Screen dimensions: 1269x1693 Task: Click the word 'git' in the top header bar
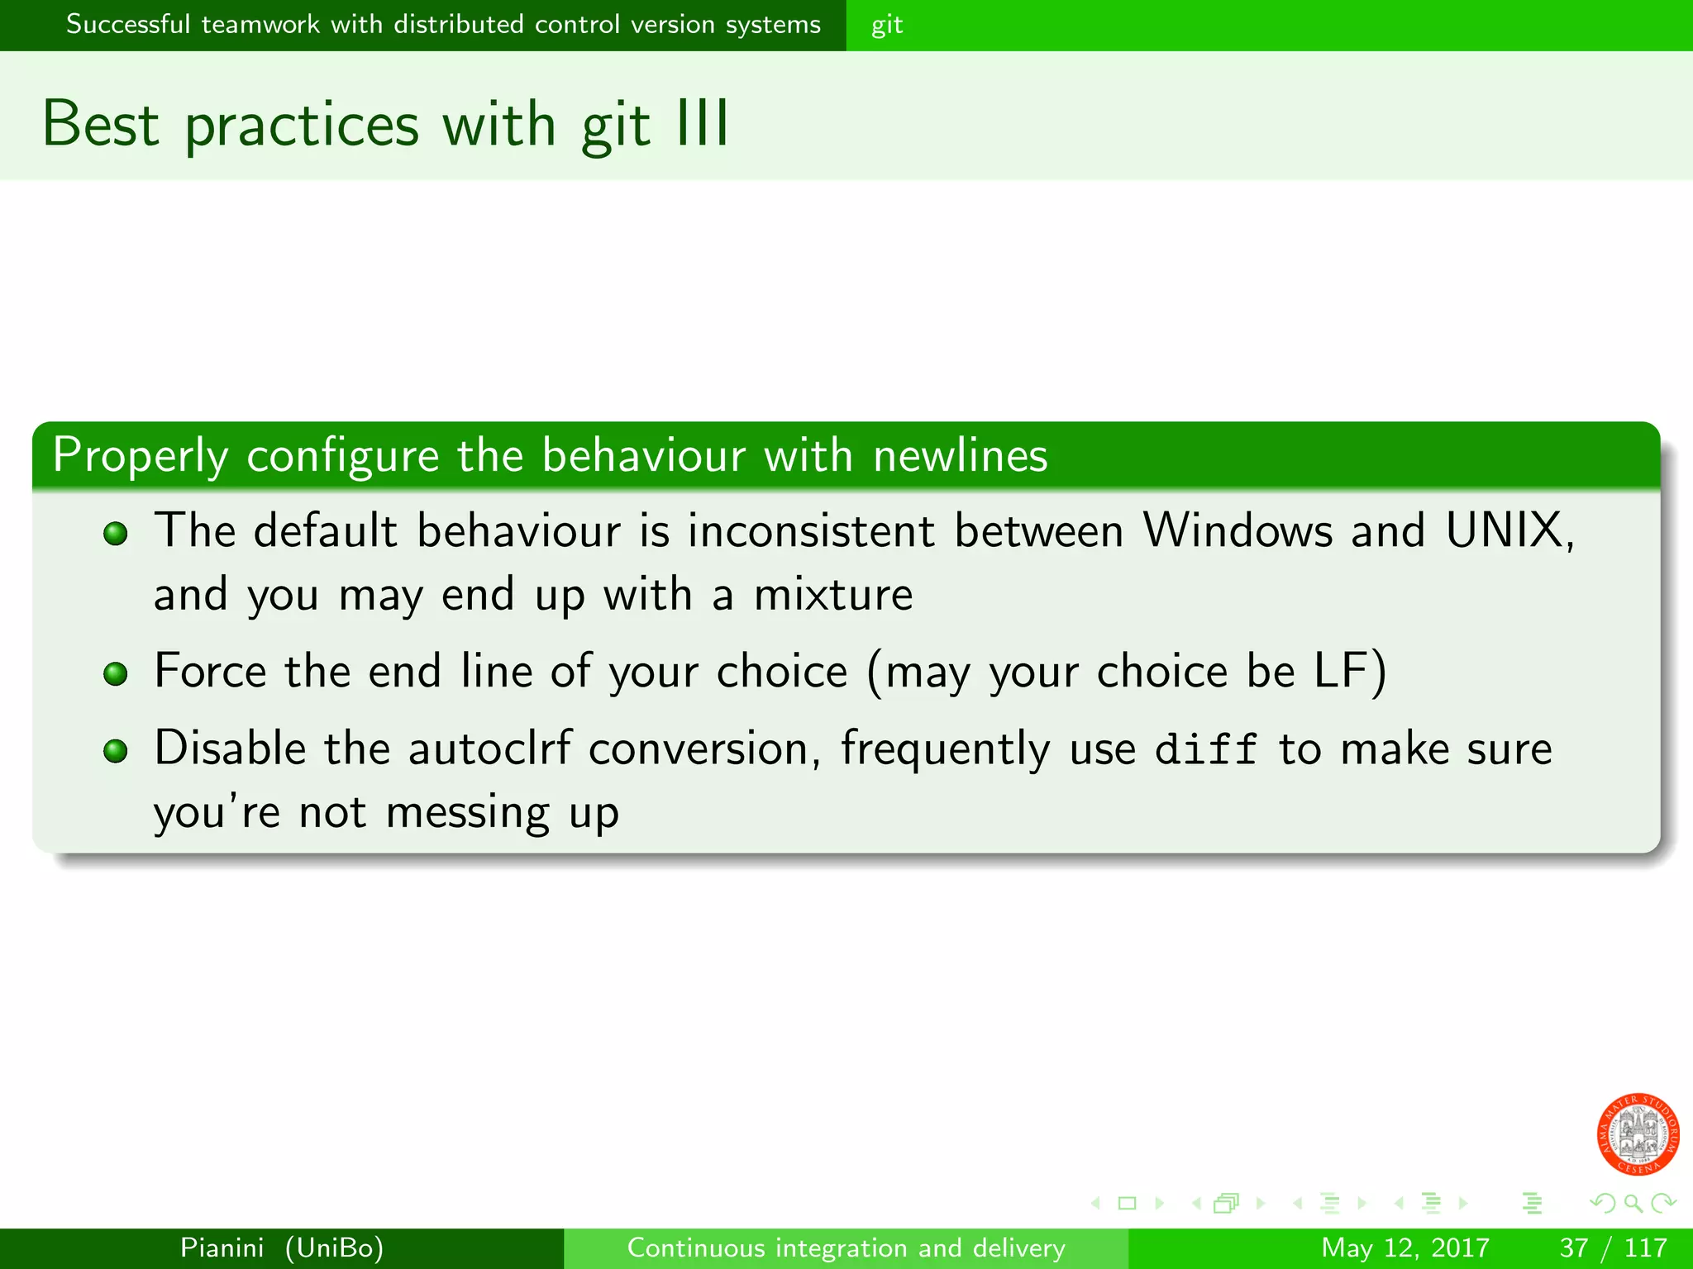(886, 26)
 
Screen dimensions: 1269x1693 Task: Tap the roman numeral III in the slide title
(702, 124)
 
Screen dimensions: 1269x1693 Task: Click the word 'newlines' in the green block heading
(960, 455)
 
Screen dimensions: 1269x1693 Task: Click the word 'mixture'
(833, 594)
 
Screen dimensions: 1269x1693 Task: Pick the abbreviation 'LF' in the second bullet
(1339, 670)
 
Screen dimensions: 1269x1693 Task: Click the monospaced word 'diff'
(1205, 749)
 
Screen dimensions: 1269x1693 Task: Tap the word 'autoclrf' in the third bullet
(489, 749)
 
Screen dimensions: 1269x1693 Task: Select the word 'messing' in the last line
(467, 812)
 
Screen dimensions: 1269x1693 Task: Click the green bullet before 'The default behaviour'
(116, 534)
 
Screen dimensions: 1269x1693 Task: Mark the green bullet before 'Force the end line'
(116, 674)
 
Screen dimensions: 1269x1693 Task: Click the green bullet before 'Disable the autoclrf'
(116, 751)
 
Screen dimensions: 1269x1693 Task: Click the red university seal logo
(1637, 1134)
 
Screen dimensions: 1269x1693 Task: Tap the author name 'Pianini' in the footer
(222, 1248)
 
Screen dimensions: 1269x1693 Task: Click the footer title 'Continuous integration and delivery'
(846, 1248)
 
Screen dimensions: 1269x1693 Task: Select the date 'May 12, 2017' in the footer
(1404, 1248)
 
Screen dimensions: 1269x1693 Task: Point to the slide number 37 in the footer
(1573, 1248)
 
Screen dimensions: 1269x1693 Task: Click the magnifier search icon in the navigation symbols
(1632, 1203)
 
